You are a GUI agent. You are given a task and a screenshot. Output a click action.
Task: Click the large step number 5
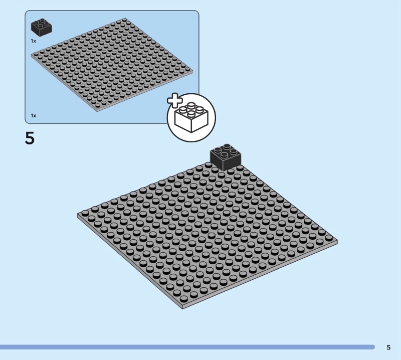(30, 138)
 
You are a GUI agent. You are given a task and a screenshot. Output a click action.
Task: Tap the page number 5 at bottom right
(388, 347)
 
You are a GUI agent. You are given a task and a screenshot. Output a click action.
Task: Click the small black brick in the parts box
(42, 28)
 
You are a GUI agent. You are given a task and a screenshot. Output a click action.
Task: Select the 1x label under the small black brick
(34, 41)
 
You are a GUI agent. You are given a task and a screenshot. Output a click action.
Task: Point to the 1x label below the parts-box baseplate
(34, 116)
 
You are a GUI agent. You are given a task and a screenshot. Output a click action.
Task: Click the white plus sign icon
(175, 100)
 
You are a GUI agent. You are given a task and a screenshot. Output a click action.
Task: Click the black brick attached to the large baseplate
(225, 157)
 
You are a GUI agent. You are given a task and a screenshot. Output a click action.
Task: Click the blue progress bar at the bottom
(187, 347)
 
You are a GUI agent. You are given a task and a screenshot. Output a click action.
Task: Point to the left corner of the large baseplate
(77, 215)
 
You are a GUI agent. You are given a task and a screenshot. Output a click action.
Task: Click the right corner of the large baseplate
(337, 241)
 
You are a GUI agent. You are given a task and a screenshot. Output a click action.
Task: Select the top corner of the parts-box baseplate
(124, 18)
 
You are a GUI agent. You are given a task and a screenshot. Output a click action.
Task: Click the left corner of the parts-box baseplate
(31, 55)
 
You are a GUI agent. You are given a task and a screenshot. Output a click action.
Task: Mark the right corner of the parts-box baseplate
(193, 71)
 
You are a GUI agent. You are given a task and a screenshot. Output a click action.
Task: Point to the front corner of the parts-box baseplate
(97, 110)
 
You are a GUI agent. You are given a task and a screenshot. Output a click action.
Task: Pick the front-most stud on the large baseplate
(183, 298)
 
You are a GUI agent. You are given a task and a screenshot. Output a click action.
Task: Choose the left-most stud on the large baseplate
(85, 214)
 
